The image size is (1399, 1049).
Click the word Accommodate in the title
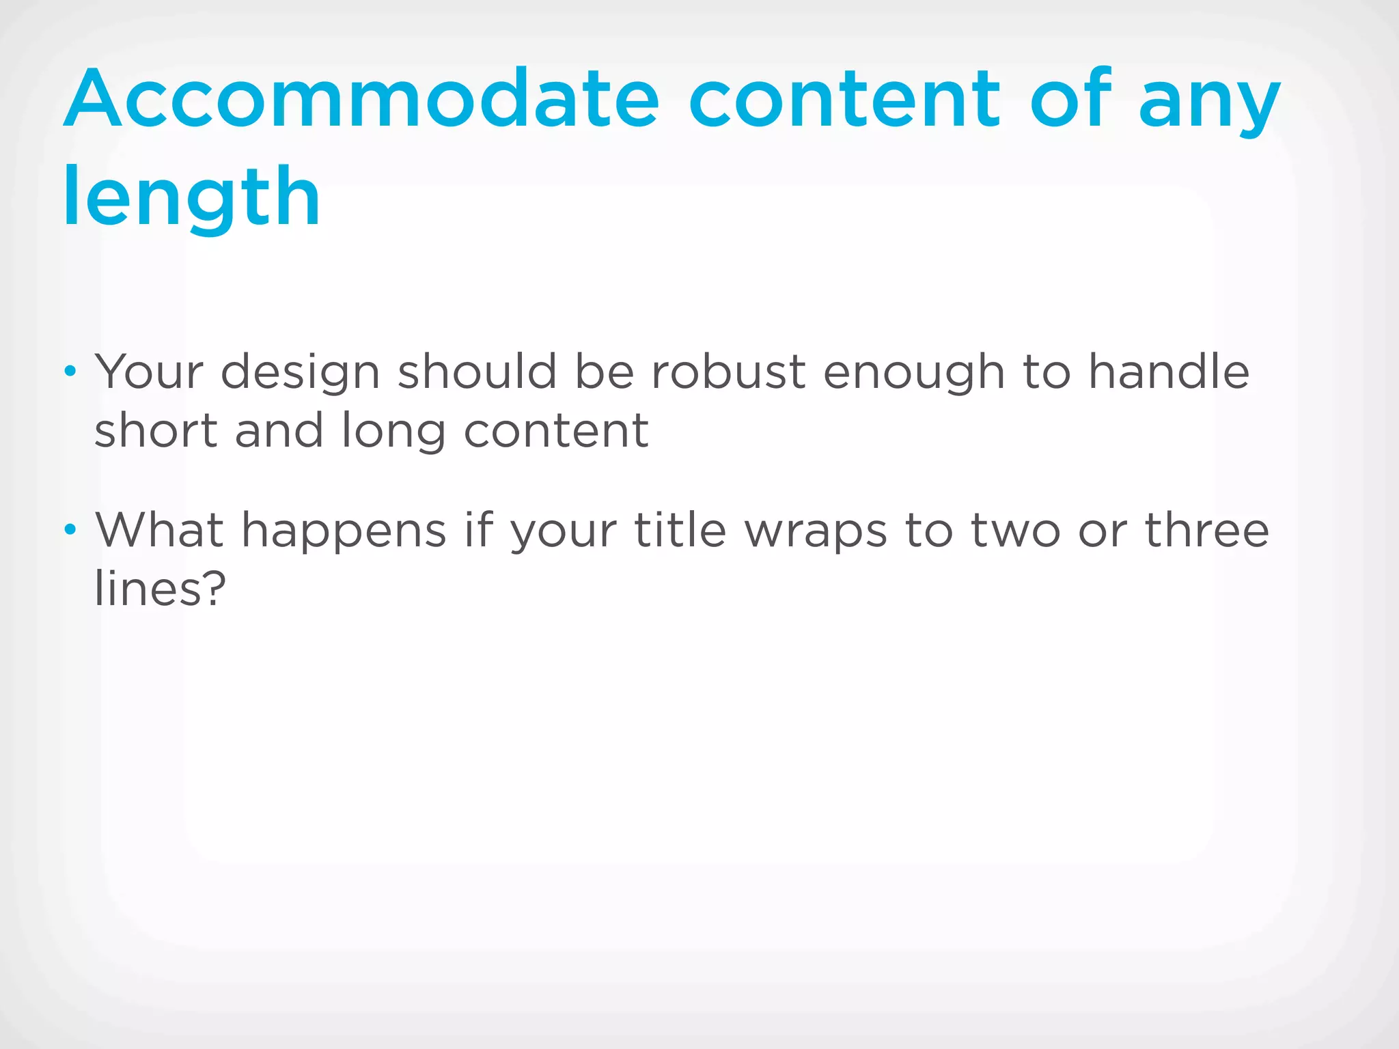tap(362, 99)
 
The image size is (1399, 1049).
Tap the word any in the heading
tap(1209, 102)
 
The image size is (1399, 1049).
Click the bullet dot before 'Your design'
tap(70, 372)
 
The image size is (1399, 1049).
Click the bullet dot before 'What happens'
tap(70, 529)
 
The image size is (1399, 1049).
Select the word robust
tap(728, 372)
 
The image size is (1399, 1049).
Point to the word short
tap(156, 431)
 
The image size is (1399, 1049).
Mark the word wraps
tap(816, 533)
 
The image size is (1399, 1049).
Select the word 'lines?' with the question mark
tap(160, 589)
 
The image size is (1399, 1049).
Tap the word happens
tap(344, 533)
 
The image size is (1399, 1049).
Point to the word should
tap(477, 372)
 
